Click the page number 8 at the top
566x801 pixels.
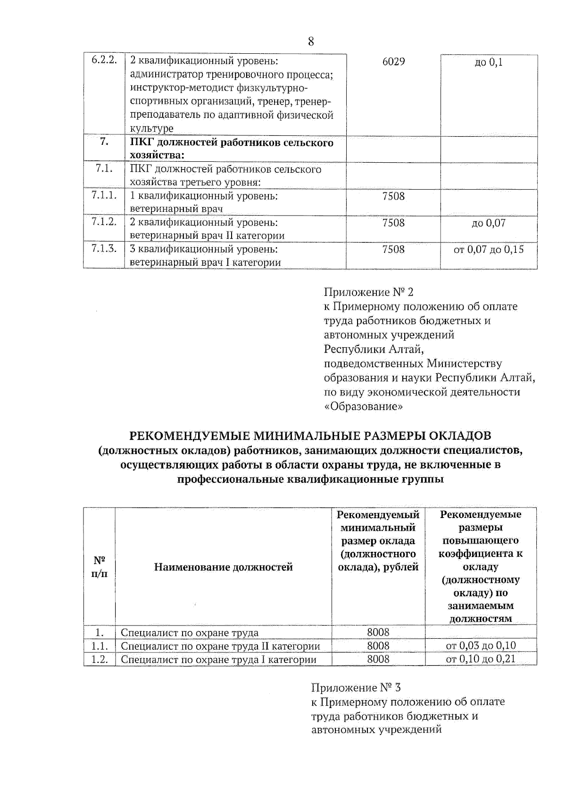[x=311, y=42]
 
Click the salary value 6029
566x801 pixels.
[x=393, y=62]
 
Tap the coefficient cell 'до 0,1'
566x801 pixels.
[x=488, y=62]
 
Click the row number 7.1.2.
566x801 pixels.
[x=104, y=222]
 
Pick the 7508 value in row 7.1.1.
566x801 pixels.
[x=393, y=196]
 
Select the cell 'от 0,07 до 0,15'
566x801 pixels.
[x=488, y=250]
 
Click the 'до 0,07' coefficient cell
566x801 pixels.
[x=488, y=223]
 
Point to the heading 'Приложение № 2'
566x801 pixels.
[x=368, y=292]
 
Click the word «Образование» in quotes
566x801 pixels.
[x=363, y=406]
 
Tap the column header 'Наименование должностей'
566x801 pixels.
[x=223, y=567]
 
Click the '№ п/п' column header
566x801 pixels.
[x=99, y=567]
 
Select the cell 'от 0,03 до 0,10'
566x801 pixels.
[x=481, y=646]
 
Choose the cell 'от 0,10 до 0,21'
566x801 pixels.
[x=481, y=659]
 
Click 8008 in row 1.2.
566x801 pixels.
[x=378, y=659]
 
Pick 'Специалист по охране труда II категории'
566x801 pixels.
[x=220, y=646]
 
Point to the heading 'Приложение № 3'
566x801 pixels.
[x=356, y=688]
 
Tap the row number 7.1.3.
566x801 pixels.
[x=104, y=249]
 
